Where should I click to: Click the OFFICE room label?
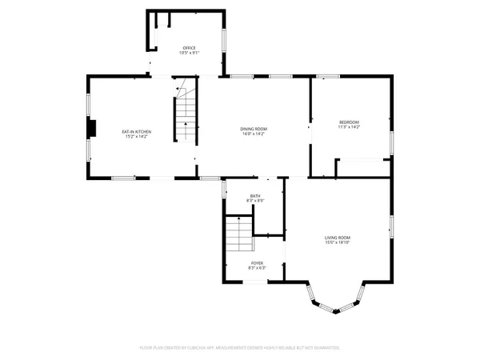(190, 48)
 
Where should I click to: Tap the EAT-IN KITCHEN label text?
(137, 131)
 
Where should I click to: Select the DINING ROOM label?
(254, 129)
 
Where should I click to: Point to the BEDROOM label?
(350, 122)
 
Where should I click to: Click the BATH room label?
(255, 196)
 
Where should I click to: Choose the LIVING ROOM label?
(338, 238)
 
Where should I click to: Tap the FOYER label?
(257, 262)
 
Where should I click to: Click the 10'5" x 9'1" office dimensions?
(190, 53)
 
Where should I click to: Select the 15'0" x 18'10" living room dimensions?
(338, 242)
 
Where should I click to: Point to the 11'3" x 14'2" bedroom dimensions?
(350, 126)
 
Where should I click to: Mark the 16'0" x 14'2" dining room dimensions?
(254, 134)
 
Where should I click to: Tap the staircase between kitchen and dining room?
(186, 111)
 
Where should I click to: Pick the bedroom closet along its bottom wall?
(362, 165)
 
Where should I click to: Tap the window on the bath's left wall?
(225, 191)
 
